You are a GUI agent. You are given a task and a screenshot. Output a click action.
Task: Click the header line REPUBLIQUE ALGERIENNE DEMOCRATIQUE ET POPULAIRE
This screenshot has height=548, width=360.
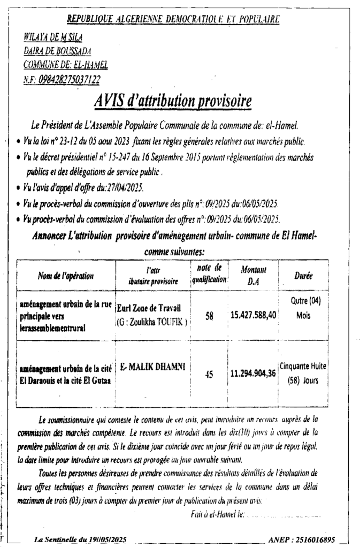173,20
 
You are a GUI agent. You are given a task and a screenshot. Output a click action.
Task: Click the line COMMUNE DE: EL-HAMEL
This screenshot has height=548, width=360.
65,65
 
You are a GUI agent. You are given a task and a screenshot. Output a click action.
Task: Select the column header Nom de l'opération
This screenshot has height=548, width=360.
66,276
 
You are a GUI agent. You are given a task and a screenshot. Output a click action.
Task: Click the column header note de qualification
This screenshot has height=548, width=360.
209,273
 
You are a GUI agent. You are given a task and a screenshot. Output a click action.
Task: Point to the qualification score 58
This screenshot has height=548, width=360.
209,316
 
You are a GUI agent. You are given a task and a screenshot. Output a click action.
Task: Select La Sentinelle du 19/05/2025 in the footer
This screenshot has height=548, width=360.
80,540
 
